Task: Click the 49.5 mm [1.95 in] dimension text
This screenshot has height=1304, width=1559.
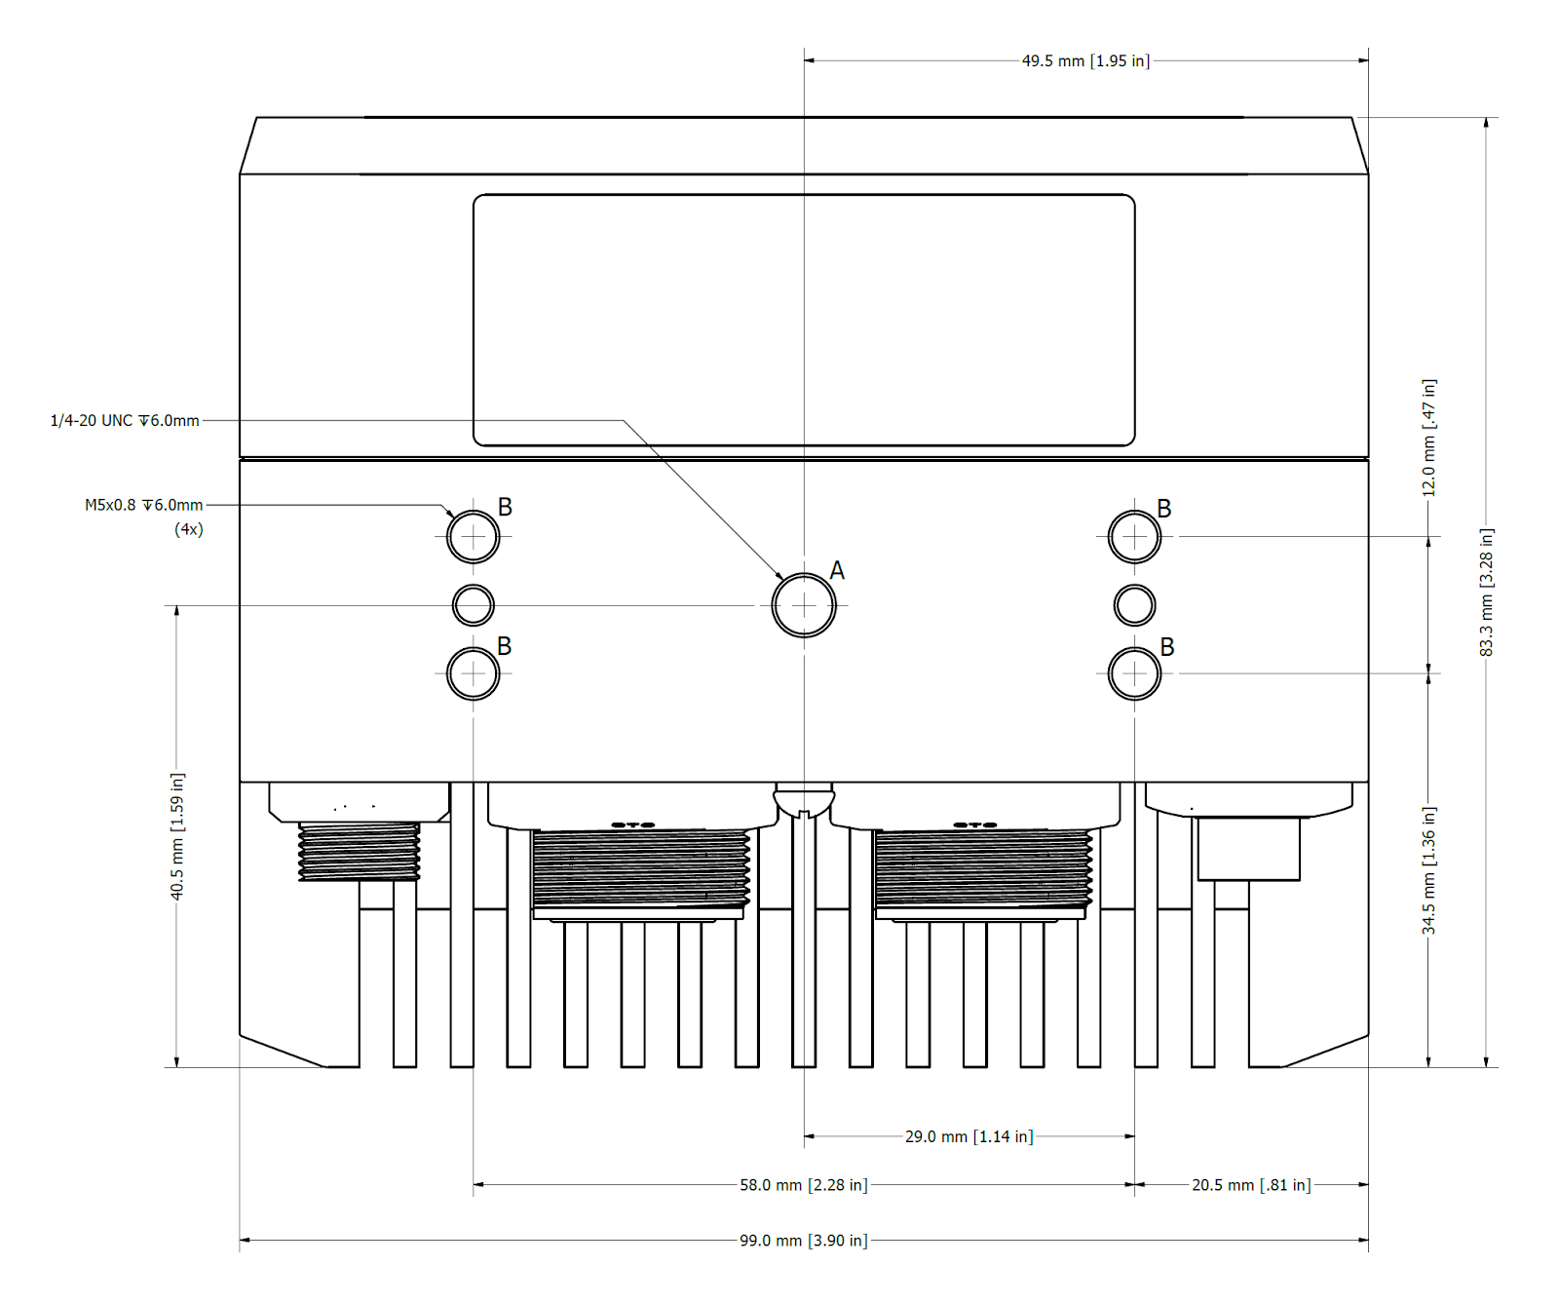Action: [1085, 60]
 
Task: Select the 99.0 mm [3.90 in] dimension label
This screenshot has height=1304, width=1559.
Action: [803, 1241]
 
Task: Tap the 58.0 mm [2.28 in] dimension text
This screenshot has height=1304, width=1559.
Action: [803, 1185]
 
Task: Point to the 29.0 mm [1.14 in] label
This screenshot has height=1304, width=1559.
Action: [969, 1136]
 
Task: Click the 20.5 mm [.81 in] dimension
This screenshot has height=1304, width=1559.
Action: [1251, 1185]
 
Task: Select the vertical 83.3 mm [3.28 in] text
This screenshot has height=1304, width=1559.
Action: [1486, 592]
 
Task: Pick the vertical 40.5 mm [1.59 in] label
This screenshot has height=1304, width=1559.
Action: [176, 836]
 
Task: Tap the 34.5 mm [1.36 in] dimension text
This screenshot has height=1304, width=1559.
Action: [1428, 870]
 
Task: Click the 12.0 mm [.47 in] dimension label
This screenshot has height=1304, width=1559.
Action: [1428, 438]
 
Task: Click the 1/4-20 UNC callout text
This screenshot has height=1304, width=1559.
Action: [125, 420]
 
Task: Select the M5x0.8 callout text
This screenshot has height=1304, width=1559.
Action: [143, 505]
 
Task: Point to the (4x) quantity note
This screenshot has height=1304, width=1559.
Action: [189, 529]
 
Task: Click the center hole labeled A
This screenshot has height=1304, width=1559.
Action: [804, 605]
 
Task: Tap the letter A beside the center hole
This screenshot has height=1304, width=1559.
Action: [837, 571]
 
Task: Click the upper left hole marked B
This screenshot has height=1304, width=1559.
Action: [474, 536]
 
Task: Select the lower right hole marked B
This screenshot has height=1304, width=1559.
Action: [1134, 673]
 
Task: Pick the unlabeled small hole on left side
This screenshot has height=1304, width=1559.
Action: [474, 605]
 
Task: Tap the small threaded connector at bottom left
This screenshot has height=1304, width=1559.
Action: [359, 850]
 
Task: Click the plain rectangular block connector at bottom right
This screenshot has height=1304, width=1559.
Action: [1248, 848]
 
